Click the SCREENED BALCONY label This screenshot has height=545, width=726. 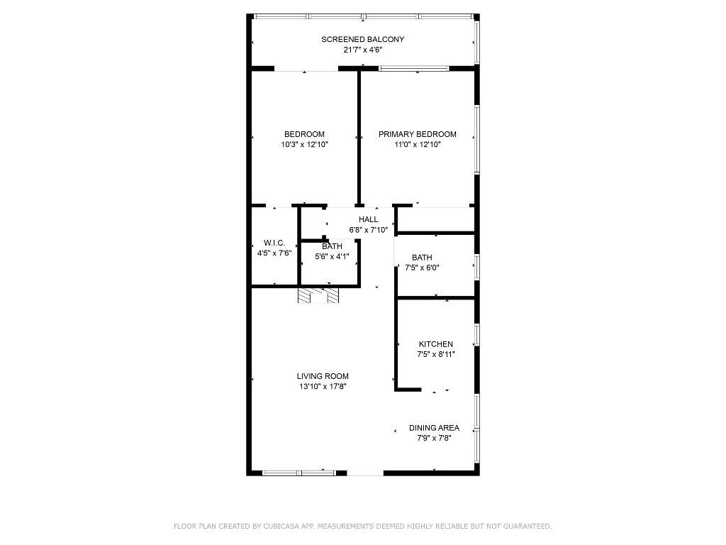pos(362,40)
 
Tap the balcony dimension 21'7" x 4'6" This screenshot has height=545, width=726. pos(362,50)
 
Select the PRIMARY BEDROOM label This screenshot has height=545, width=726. pos(417,134)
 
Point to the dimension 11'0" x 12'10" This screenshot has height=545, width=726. pos(417,144)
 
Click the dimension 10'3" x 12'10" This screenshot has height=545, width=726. pos(304,144)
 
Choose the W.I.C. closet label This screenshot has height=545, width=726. pos(274,243)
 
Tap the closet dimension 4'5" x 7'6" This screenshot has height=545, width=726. pos(274,253)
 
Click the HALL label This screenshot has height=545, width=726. pos(368,220)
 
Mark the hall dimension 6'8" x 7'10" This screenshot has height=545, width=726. pos(368,230)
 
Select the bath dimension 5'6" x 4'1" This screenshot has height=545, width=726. pos(332,257)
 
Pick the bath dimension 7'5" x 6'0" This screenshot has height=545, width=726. pos(422,268)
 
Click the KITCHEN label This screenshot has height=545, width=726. pos(435,344)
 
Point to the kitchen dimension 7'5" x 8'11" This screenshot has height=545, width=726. pos(435,354)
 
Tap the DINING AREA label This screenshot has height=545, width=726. pos(434,428)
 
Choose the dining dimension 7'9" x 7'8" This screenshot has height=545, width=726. pos(434,438)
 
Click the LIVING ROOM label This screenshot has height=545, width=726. pos(323,376)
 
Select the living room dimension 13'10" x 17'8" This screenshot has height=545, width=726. pos(323,387)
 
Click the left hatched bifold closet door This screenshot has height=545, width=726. pos(305,295)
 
